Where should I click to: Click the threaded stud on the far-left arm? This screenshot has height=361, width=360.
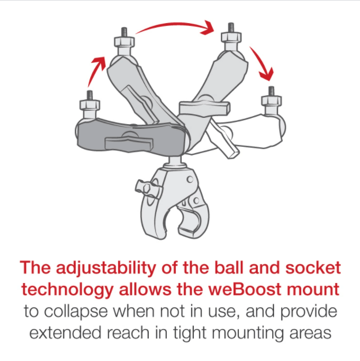point(89,95)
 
